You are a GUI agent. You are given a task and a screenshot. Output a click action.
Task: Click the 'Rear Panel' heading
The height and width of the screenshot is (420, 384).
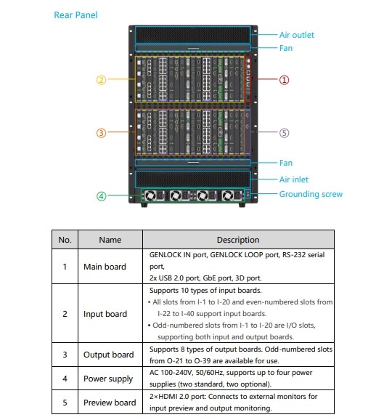[75, 15]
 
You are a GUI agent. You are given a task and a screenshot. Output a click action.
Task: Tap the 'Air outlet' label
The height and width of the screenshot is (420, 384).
[296, 35]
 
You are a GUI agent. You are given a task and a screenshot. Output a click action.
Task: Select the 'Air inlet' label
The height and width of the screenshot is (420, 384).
[294, 179]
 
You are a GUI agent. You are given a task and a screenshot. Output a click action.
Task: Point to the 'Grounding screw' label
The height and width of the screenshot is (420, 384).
[311, 194]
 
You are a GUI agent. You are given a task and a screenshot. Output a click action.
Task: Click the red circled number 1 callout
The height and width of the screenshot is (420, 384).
[284, 80]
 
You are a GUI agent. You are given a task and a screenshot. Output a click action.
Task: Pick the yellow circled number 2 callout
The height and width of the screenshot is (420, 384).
[101, 80]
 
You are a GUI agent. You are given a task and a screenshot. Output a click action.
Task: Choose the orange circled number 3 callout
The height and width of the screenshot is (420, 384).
[101, 133]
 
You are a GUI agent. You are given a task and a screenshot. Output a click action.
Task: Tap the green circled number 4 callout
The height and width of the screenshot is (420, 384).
[101, 196]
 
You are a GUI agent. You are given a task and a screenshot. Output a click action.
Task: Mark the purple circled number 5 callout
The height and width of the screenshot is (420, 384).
[284, 133]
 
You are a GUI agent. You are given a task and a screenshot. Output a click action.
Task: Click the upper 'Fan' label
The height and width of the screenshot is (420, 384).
[286, 48]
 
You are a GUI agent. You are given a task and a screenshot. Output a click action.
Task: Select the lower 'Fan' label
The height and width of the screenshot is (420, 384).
[286, 163]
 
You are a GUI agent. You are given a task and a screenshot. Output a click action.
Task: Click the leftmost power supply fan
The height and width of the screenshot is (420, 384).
[150, 195]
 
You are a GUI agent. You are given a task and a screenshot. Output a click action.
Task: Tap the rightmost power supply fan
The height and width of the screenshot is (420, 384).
[228, 195]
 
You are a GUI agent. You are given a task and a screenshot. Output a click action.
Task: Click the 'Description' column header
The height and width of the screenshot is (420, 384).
[238, 240]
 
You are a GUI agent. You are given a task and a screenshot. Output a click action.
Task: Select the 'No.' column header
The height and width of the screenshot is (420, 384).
[65, 240]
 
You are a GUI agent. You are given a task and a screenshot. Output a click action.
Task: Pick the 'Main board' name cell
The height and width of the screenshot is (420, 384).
[105, 267]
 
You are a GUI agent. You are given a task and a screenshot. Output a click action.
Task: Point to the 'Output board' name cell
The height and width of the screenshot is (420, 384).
[108, 355]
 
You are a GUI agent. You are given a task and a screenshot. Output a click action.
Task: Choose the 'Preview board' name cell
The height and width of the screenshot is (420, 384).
[110, 403]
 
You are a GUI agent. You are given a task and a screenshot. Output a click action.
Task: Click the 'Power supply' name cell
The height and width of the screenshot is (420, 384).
[108, 379]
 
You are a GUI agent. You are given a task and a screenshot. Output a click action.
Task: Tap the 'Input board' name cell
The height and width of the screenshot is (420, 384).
[105, 314]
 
